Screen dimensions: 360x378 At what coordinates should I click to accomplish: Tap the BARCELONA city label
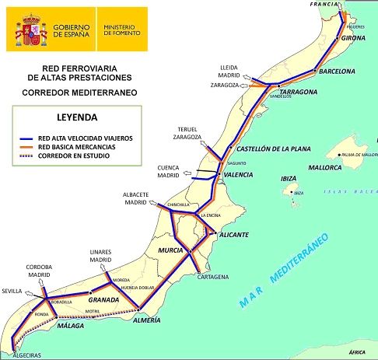[336, 72]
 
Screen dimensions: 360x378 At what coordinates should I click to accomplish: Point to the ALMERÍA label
[145, 320]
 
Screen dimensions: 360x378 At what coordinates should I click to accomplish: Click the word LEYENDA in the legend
[76, 119]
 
